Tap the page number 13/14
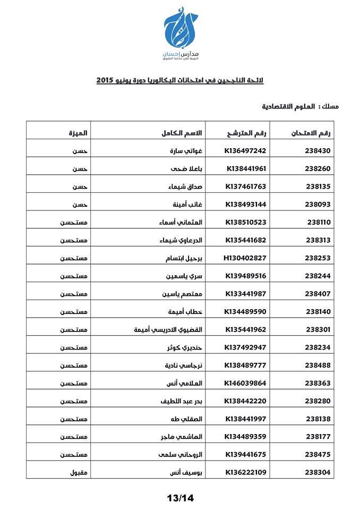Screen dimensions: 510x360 180,498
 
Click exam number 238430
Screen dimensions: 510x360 318,150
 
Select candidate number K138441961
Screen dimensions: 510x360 246,168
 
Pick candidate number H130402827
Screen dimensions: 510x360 245,258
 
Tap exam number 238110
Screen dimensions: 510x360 319,222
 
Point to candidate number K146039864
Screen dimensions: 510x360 245,383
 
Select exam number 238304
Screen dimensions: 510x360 318,472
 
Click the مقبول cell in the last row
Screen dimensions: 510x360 79,472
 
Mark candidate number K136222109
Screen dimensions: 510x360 246,472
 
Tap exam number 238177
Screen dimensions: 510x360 319,436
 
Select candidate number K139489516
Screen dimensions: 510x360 245,276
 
